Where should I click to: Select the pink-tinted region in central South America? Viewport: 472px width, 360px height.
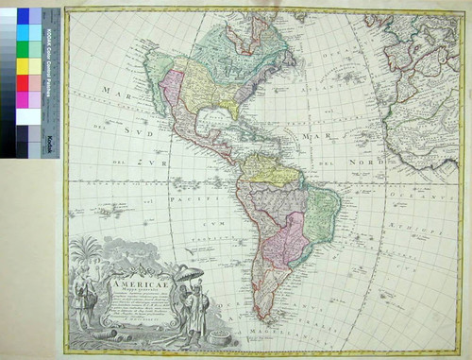click(292, 236)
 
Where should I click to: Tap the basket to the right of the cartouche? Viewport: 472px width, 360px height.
click(221, 335)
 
